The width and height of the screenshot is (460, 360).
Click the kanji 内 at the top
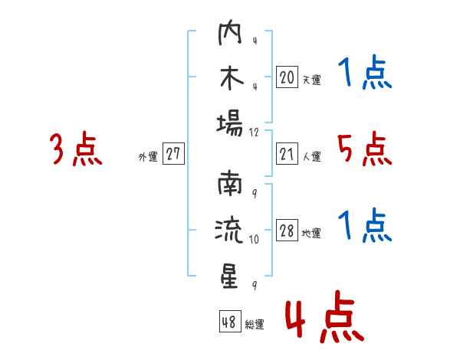point(230,32)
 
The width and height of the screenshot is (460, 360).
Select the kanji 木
point(232,78)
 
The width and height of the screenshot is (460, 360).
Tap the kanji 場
point(230,124)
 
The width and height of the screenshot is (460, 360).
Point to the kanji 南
point(230,184)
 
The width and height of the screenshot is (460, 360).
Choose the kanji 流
point(229,230)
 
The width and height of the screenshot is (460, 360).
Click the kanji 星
point(230,277)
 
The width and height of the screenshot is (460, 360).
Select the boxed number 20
point(287,77)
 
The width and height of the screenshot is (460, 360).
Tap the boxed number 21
point(287,154)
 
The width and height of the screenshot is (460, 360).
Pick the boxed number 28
point(287,231)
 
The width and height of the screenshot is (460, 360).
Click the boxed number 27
point(173,153)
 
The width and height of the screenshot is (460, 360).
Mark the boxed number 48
point(230,321)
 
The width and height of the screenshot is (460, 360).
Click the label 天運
point(312,80)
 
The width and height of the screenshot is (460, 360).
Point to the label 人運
point(312,156)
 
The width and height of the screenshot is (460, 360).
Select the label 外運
point(148,157)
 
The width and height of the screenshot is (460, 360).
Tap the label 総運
point(255,324)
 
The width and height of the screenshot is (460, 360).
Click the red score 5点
point(364,149)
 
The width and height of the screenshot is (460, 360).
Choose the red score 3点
point(76,149)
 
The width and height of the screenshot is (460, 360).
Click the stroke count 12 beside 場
point(254,133)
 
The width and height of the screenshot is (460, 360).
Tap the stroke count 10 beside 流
point(254,239)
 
